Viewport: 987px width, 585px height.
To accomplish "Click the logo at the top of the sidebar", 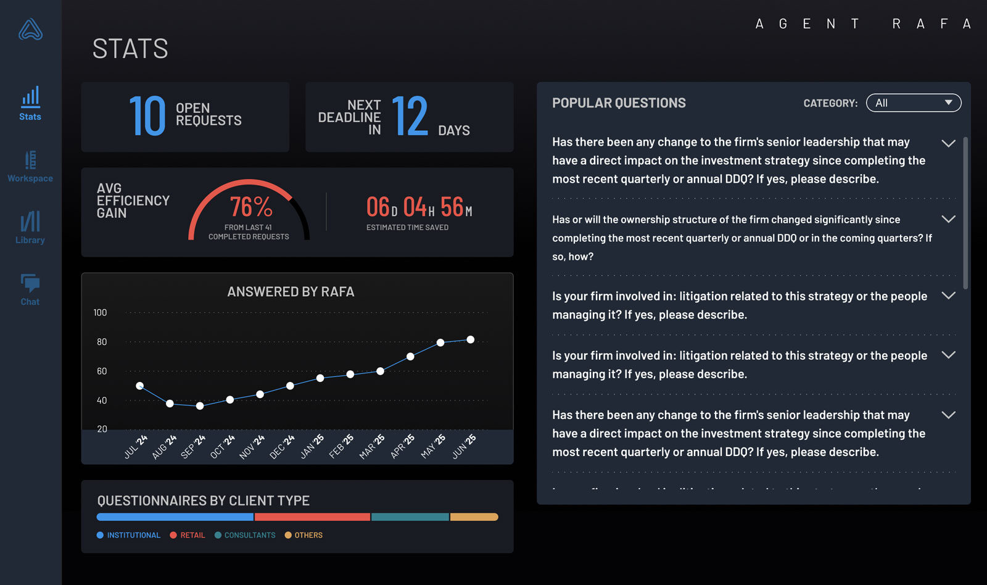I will (30, 30).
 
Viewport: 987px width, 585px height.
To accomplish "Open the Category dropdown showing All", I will (913, 103).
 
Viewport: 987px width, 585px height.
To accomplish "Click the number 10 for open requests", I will (147, 116).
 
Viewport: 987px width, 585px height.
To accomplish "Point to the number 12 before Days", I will (410, 116).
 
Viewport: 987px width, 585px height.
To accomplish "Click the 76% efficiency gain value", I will (250, 207).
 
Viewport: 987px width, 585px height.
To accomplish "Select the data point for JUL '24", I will (140, 386).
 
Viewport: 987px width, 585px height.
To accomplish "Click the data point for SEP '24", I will (200, 406).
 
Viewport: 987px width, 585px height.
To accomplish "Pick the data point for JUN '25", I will (471, 339).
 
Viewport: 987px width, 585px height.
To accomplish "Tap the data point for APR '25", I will (410, 357).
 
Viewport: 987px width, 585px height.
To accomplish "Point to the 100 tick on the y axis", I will (100, 313).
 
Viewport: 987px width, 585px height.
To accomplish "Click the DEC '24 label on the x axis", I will (283, 447).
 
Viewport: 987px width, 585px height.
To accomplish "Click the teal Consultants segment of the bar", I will (410, 517).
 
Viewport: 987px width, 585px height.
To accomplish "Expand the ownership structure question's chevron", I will (948, 219).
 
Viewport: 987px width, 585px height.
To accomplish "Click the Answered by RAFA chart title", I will (291, 292).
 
